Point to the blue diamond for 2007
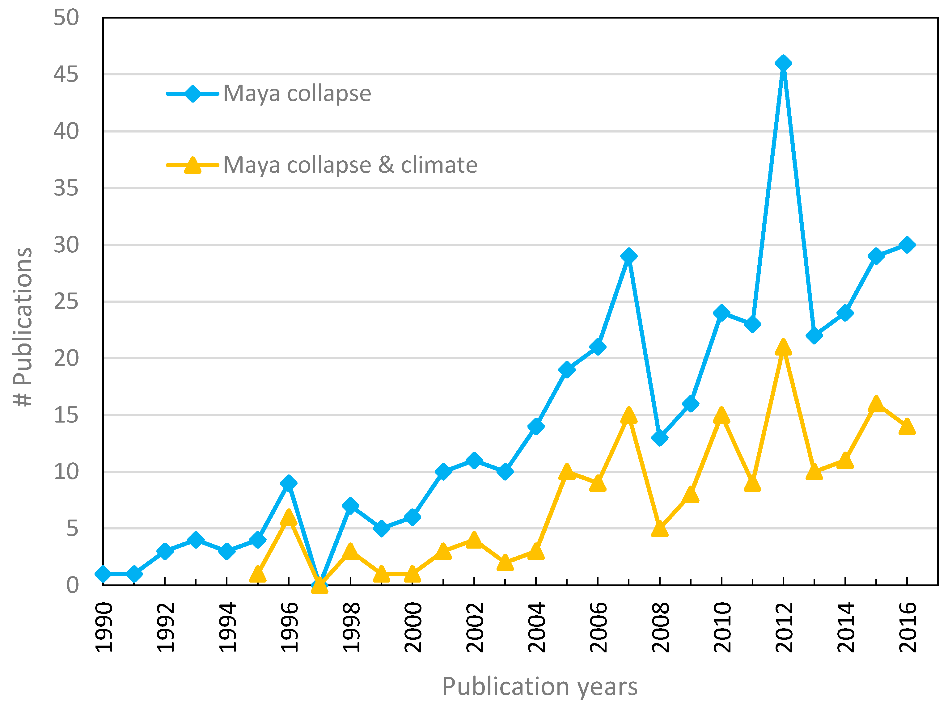[x=628, y=256]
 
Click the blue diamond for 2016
[x=907, y=245]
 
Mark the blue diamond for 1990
[x=103, y=574]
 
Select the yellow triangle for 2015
[x=876, y=404]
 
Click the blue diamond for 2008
[x=659, y=438]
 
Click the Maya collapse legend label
[x=297, y=93]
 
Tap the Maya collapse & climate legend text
[x=350, y=165]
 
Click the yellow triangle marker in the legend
[x=193, y=166]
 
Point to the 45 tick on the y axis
[x=66, y=74]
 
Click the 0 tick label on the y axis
[x=72, y=585]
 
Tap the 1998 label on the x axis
[x=351, y=627]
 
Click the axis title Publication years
[x=540, y=687]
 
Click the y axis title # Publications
[x=22, y=327]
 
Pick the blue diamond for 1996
[x=288, y=483]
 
